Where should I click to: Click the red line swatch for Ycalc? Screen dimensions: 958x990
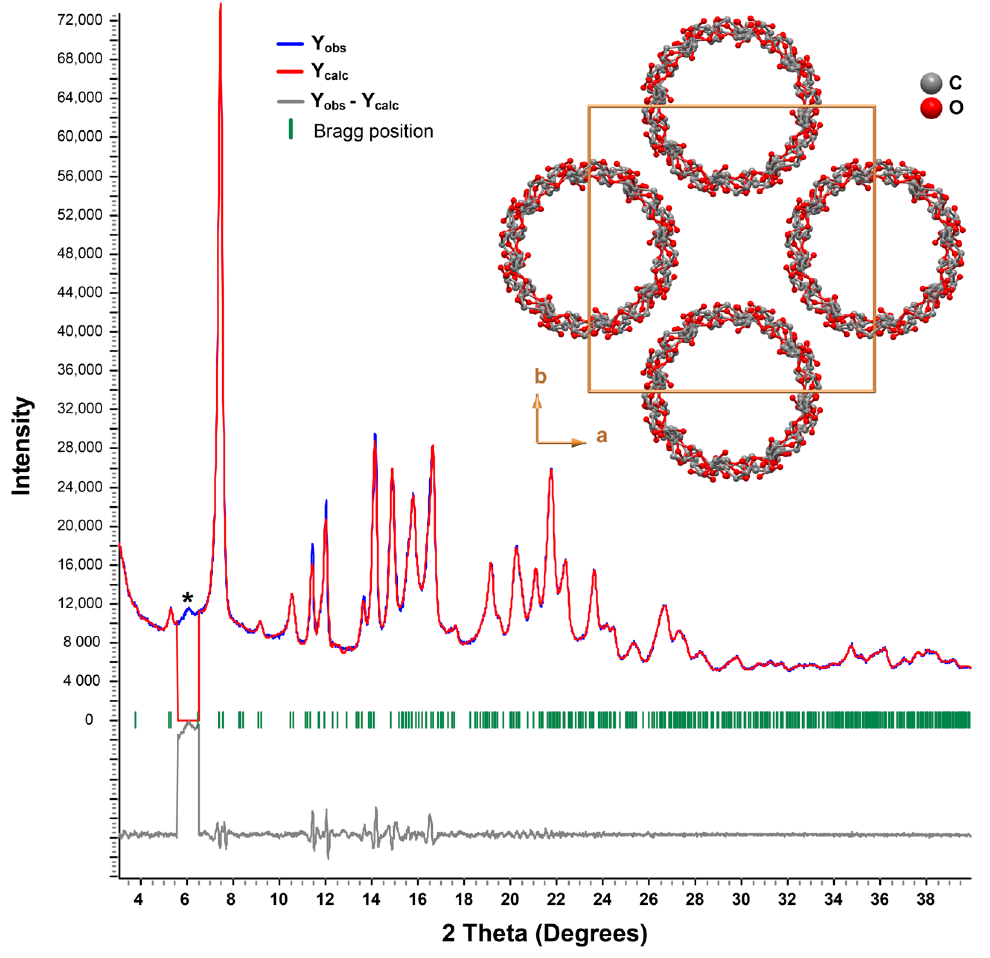point(291,72)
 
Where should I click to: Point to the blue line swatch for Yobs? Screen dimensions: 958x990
point(291,44)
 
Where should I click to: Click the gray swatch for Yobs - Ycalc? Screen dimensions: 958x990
point(291,102)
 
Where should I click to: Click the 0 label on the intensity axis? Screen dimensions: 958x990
point(89,720)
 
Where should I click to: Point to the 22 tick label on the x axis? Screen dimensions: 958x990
point(556,899)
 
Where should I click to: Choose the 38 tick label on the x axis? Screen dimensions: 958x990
point(925,899)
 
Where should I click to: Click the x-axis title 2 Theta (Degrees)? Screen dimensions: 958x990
point(545,933)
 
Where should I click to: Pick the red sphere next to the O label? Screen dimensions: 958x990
point(931,108)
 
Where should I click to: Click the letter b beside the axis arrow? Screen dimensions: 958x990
point(540,376)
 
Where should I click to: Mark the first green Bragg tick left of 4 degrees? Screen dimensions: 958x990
point(135,720)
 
